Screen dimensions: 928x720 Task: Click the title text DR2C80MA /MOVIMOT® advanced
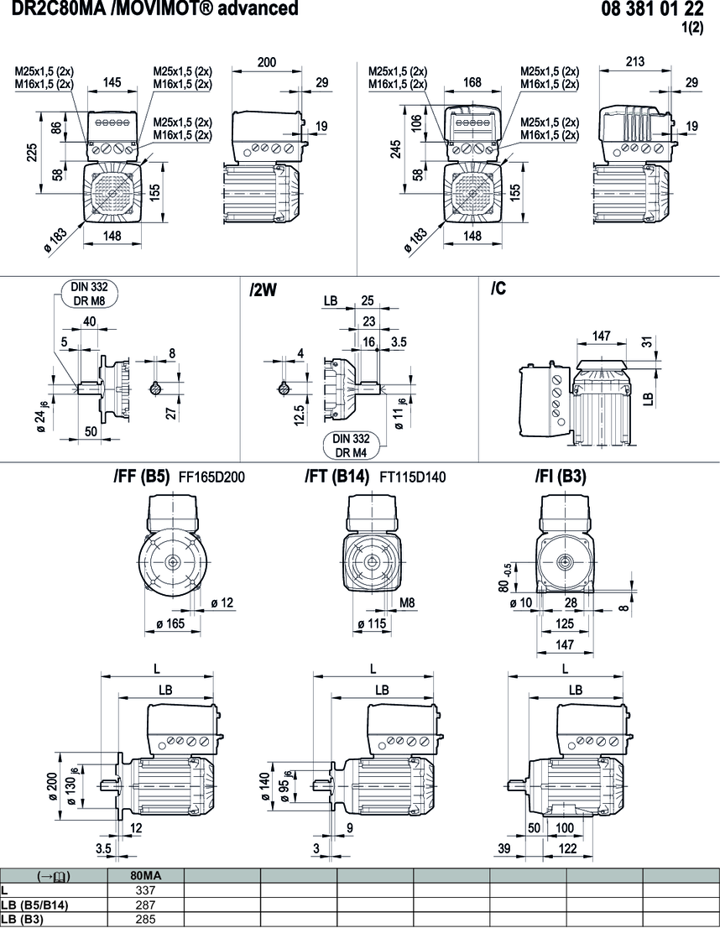[x=154, y=9]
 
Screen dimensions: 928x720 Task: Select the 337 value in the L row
[x=146, y=890]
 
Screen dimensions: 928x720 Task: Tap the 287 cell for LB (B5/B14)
[x=146, y=905]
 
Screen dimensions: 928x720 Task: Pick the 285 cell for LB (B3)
[x=146, y=919]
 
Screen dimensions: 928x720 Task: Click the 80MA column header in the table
[x=146, y=875]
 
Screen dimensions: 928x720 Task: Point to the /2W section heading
[x=263, y=290]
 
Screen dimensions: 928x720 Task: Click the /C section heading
[x=499, y=289]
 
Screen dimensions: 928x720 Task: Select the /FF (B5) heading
[x=142, y=477]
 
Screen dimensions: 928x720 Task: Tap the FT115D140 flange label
[x=413, y=477]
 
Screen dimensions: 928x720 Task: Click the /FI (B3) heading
[x=561, y=477]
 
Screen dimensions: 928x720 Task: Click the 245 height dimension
[x=394, y=148]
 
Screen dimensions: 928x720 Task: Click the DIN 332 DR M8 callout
[x=89, y=293]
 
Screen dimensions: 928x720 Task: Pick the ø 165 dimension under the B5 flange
[x=173, y=623]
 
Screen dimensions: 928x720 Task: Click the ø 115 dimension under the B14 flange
[x=373, y=623]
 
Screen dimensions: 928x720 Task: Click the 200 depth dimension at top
[x=266, y=62]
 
